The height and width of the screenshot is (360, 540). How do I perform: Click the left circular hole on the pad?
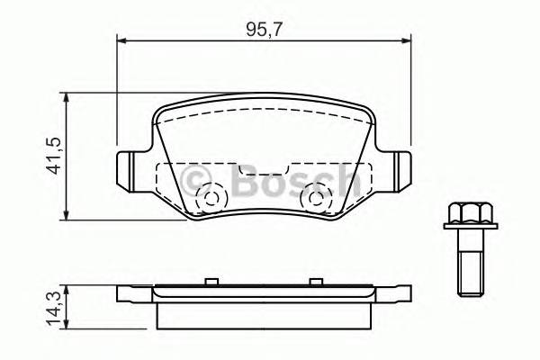pyautogui.click(x=213, y=198)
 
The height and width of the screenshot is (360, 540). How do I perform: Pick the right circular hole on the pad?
pyautogui.click(x=315, y=198)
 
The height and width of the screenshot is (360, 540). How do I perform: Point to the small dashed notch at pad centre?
pyautogui.click(x=263, y=169)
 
